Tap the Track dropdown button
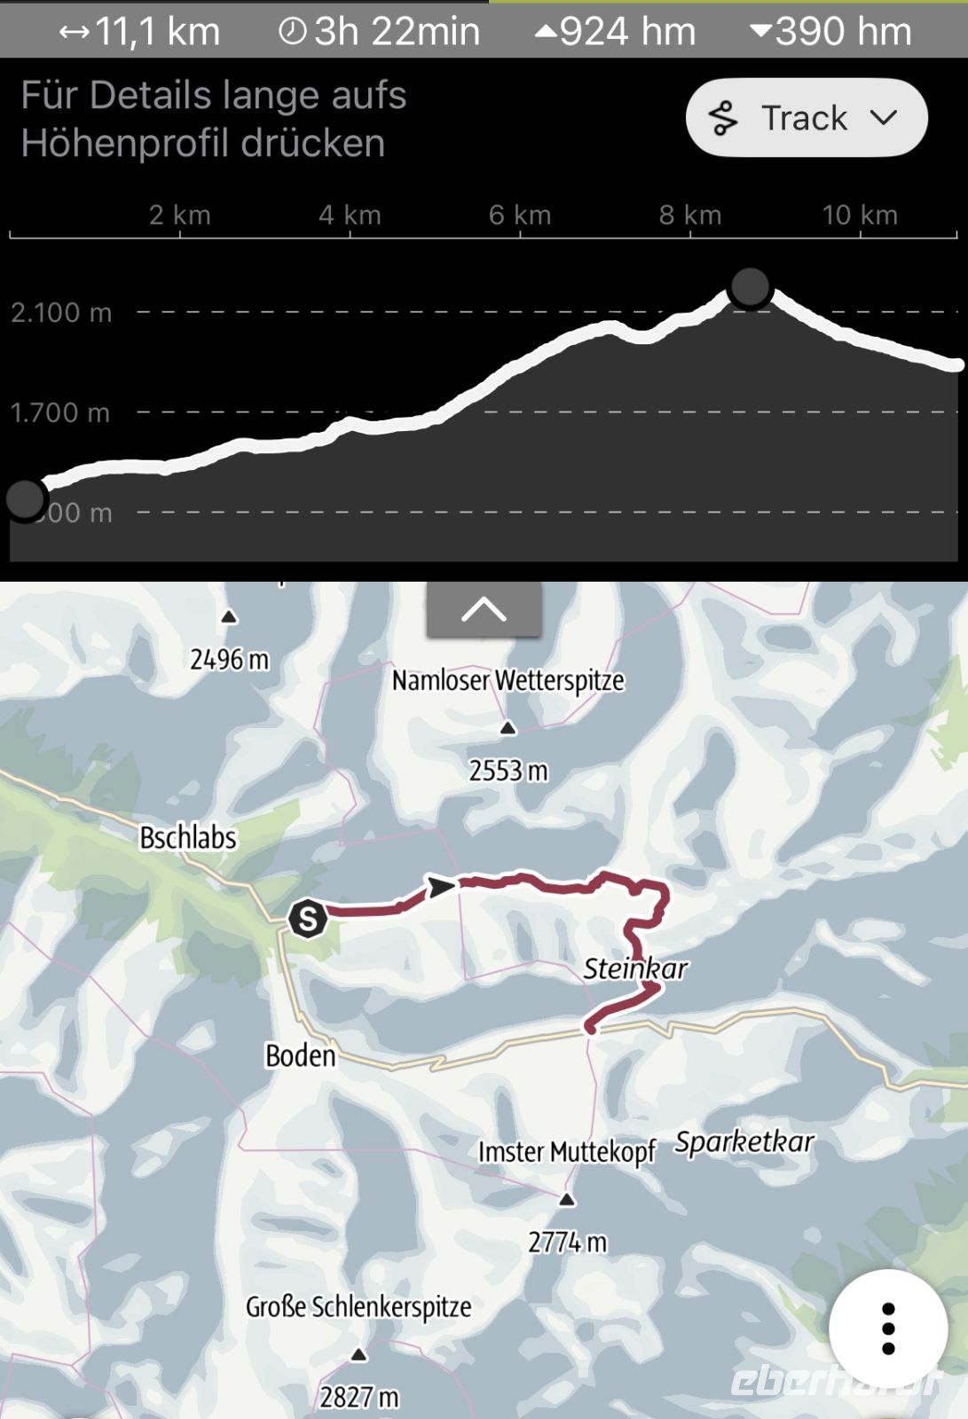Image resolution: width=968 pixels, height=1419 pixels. (806, 118)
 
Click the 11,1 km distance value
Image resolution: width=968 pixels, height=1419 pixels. (140, 32)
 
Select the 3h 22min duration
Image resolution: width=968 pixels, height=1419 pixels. (380, 32)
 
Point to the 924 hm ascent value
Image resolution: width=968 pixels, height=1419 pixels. (616, 32)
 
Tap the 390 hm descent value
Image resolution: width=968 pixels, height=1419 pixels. (830, 32)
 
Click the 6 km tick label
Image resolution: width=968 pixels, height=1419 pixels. (520, 215)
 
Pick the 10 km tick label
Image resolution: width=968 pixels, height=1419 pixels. (859, 215)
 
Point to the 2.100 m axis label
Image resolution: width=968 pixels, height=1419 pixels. (61, 312)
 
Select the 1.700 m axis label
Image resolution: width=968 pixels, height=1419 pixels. (60, 412)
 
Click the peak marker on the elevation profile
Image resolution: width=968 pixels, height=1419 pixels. (750, 287)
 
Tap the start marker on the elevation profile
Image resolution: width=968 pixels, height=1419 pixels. (25, 499)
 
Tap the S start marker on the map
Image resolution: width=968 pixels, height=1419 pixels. (308, 918)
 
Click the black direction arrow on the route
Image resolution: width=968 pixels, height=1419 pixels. (441, 886)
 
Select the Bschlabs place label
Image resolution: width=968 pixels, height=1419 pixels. (188, 837)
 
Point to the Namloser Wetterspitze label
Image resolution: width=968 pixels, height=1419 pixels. (508, 680)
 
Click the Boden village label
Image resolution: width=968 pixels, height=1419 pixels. (301, 1055)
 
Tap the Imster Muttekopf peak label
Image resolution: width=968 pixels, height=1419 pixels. (566, 1151)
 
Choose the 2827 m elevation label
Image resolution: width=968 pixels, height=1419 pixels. (359, 1397)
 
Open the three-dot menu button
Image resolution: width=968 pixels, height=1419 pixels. (888, 1329)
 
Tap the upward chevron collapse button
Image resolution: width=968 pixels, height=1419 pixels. (484, 609)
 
